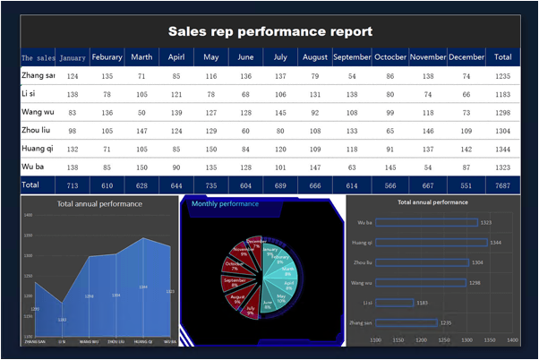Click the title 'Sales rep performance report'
(x=270, y=31)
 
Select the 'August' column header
(x=314, y=57)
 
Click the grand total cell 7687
(x=501, y=184)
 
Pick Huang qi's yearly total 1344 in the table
(x=501, y=148)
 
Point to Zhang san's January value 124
(x=73, y=77)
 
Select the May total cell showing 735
(x=211, y=184)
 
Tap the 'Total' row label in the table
(x=31, y=184)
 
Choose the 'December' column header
(x=466, y=57)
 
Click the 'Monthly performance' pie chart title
(x=219, y=204)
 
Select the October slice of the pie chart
(x=237, y=266)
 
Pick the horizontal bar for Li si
(x=395, y=302)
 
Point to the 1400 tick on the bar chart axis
(x=512, y=340)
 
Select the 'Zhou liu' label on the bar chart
(x=363, y=262)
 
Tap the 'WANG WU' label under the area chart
(x=89, y=341)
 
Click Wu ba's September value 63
(x=352, y=167)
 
